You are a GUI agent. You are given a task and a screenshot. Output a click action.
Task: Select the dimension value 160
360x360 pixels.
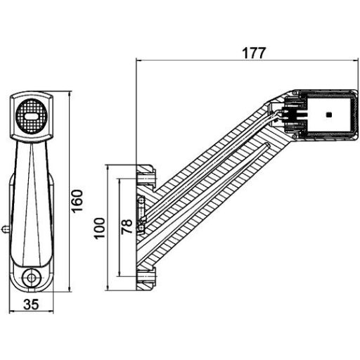tap(78, 201)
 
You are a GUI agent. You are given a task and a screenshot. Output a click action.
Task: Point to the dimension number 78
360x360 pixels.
tap(127, 226)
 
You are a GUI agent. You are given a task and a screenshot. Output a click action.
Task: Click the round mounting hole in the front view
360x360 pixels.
tap(32, 279)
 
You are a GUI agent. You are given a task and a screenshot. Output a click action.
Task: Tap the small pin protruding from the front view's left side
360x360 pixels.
tap(5, 227)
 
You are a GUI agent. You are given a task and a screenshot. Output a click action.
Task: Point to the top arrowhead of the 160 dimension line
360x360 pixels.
tap(70, 94)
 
